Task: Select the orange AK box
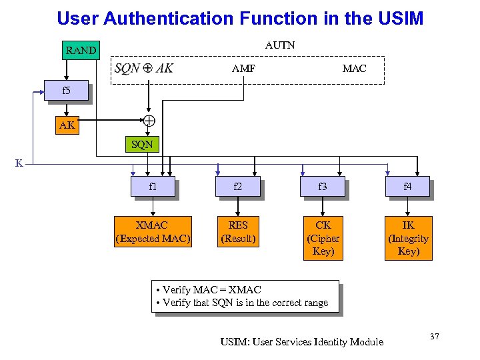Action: point(67,125)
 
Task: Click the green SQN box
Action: point(141,143)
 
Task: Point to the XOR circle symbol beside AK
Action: point(149,121)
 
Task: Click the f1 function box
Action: point(153,187)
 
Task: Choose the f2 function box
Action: point(238,187)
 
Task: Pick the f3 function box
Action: point(323,187)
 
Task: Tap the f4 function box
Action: point(407,187)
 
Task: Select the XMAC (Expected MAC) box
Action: point(153,231)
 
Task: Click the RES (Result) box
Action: point(238,231)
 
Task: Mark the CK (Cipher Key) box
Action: point(323,238)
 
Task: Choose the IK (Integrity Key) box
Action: point(407,238)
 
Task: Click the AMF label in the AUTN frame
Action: point(243,68)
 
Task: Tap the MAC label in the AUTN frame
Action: point(354,68)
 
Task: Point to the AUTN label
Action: point(280,45)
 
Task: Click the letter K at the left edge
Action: point(19,163)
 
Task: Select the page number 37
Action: point(434,337)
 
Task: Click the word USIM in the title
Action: point(397,18)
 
